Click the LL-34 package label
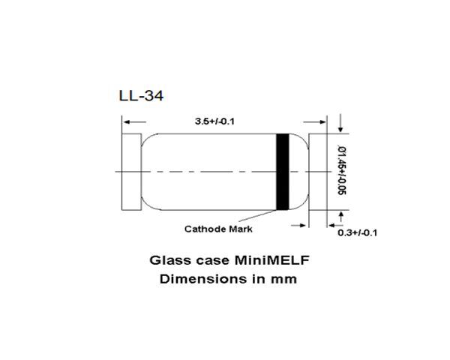coord(140,96)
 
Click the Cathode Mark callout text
coord(217,228)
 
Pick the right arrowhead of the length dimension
coord(323,121)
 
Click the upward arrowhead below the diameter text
coord(342,215)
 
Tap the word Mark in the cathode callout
coord(239,228)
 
